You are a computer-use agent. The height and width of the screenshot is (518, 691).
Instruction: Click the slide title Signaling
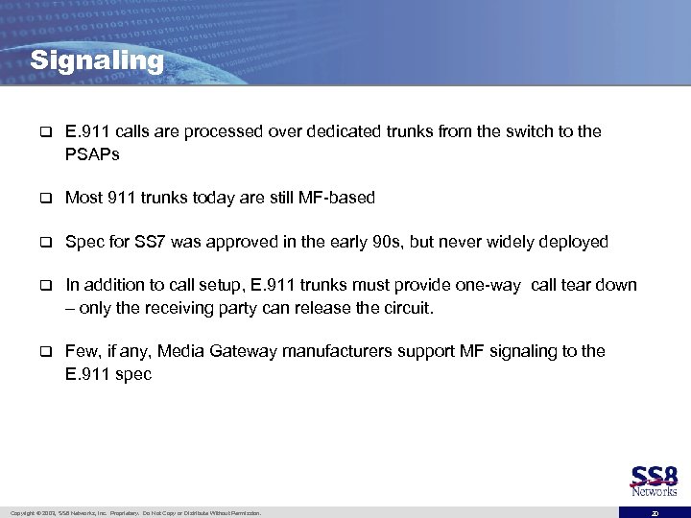[97, 61]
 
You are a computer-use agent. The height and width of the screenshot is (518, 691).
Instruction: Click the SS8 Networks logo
[654, 482]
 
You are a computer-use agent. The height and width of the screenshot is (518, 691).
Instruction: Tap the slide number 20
[655, 513]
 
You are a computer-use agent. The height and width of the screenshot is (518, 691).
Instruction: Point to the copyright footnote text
[133, 513]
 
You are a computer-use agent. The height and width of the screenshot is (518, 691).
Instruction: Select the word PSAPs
[92, 153]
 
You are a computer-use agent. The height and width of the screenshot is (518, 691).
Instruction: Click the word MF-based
[337, 198]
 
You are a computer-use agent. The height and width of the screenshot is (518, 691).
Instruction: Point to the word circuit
[406, 308]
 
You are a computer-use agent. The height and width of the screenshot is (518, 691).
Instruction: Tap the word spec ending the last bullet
[133, 374]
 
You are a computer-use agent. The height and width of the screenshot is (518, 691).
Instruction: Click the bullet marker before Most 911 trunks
[43, 199]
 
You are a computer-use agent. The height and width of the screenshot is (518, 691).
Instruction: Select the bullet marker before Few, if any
[43, 352]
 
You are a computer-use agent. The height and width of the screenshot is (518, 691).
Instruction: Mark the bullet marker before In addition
[43, 287]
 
